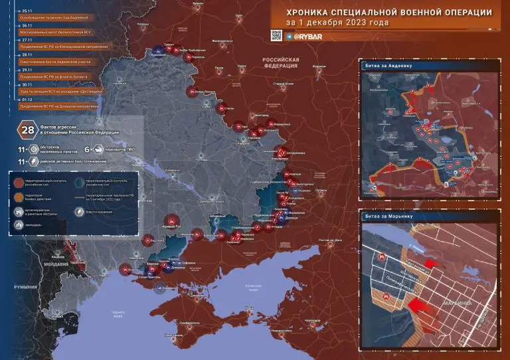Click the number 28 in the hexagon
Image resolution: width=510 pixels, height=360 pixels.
[29, 129]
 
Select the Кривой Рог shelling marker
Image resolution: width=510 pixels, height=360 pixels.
[172, 222]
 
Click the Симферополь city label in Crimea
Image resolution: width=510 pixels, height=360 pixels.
[191, 323]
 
